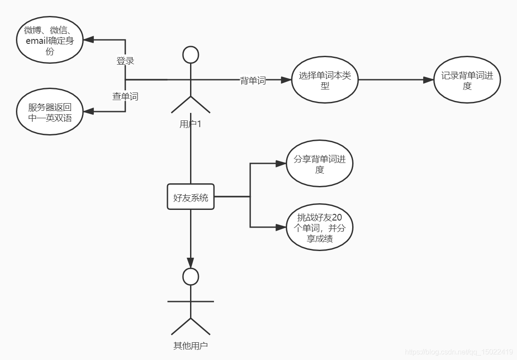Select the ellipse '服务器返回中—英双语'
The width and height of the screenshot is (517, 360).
pos(50,112)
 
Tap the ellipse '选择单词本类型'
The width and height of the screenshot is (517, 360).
pos(325,81)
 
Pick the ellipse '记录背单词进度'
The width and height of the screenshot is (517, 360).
pos(467,81)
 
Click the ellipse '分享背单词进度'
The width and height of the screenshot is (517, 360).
pos(319,164)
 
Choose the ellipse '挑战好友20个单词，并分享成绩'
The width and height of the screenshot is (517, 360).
pos(319,228)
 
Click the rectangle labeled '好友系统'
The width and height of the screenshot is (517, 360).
pos(190,197)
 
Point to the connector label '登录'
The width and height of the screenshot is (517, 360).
pos(125,61)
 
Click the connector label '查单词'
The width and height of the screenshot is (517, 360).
pos(125,96)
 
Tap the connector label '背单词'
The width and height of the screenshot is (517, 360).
pos(253,81)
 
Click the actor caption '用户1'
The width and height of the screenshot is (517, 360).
pos(190,124)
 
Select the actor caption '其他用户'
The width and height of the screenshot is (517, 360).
pos(190,346)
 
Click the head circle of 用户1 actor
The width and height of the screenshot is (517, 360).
pos(190,54)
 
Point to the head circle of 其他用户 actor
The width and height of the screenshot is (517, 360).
pos(190,277)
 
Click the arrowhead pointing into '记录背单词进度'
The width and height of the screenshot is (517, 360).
pos(428,80)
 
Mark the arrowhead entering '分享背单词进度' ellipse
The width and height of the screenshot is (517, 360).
pos(281,164)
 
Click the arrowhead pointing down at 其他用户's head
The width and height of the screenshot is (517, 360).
pos(190,263)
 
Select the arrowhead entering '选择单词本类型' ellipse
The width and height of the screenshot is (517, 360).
pos(286,80)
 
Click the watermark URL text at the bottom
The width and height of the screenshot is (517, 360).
pos(459,352)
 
